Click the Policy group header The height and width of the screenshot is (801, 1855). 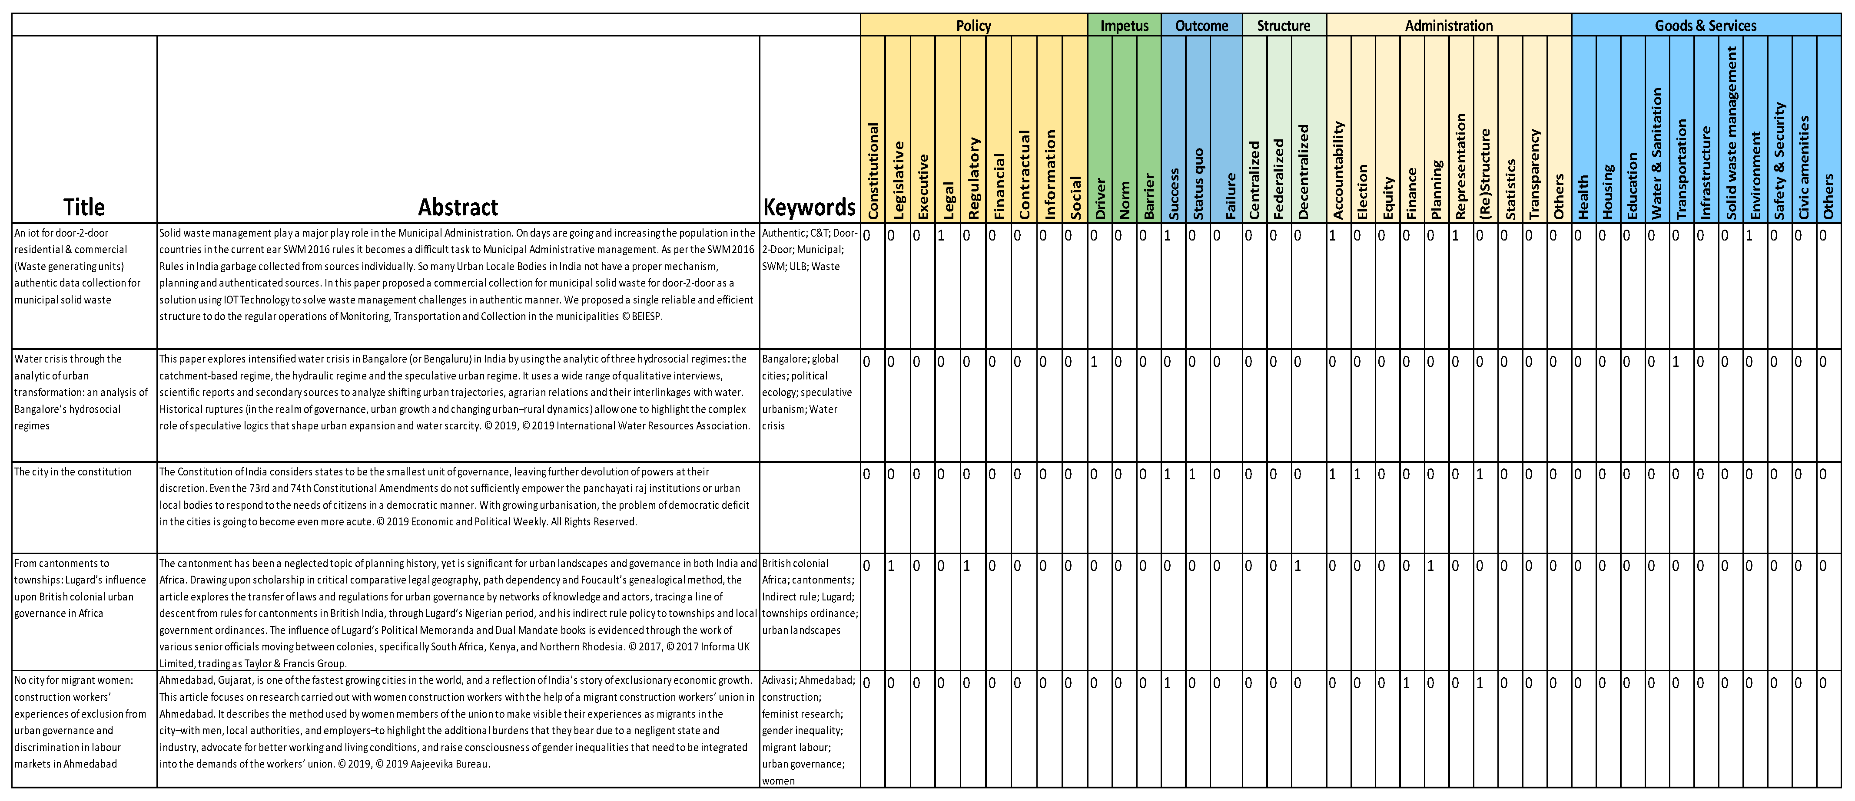(x=973, y=25)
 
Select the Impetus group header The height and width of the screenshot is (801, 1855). (x=1124, y=25)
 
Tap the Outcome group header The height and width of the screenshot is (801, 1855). (x=1201, y=25)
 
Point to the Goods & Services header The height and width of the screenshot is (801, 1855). (x=1705, y=25)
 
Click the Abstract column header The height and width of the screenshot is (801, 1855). (x=458, y=207)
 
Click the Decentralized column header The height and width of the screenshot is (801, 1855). (x=1304, y=173)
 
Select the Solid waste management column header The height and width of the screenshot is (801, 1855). (x=1731, y=133)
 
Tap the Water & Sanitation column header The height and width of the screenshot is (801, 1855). (x=1656, y=154)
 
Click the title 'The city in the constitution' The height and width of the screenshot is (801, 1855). (x=73, y=472)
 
